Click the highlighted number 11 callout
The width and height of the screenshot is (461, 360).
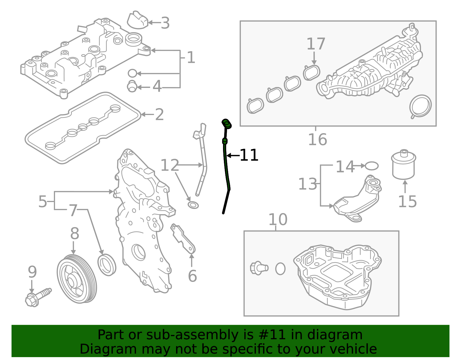click(249, 155)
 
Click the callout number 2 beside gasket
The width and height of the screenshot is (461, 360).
click(159, 115)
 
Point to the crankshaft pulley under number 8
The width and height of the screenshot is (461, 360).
click(77, 279)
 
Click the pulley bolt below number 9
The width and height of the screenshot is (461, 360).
click(37, 297)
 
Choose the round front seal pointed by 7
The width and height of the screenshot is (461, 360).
click(107, 265)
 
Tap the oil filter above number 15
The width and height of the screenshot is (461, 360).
click(404, 165)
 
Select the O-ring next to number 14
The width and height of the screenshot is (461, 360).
click(371, 166)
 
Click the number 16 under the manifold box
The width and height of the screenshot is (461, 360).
click(318, 140)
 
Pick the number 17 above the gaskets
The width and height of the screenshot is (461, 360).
click(316, 44)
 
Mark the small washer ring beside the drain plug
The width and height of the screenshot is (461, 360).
click(280, 269)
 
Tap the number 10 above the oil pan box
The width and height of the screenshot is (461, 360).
click(278, 220)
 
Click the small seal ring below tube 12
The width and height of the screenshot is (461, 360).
click(193, 205)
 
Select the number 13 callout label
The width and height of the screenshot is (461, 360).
click(307, 184)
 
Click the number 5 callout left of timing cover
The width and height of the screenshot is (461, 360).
click(43, 201)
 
